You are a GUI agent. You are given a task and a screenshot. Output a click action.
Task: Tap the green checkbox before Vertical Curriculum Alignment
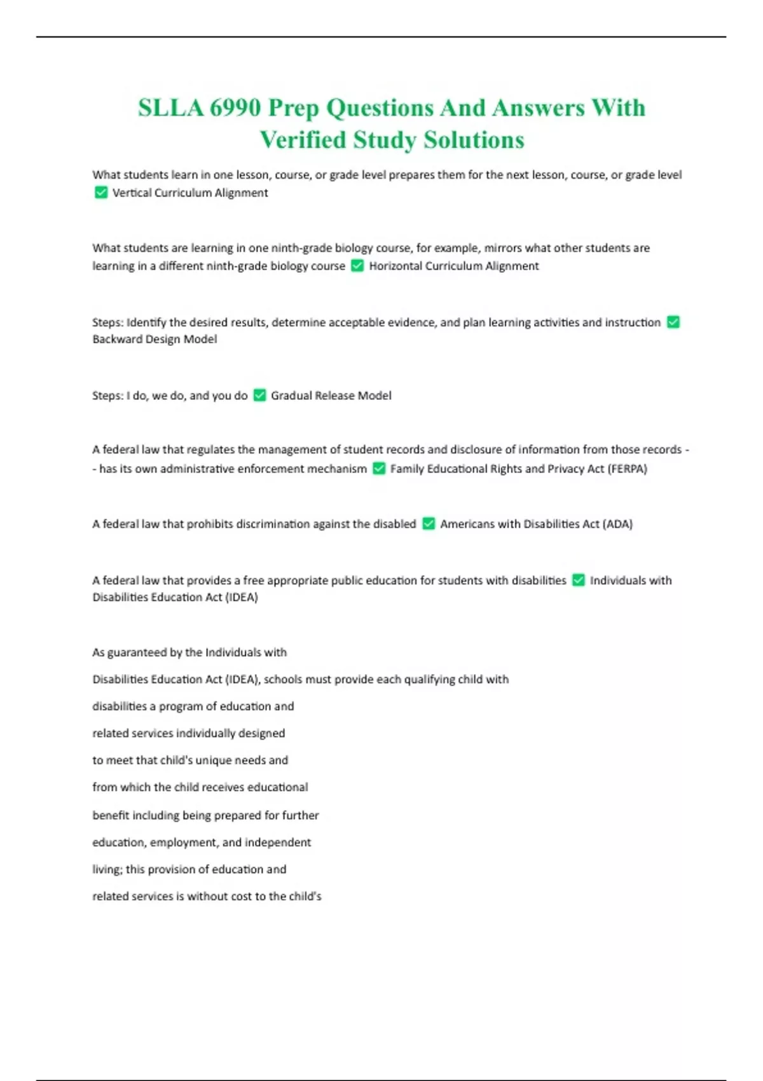tap(100, 192)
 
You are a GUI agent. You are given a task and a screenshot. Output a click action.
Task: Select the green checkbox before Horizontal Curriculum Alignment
tap(357, 265)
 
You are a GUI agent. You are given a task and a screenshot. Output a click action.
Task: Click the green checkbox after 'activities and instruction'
tap(673, 322)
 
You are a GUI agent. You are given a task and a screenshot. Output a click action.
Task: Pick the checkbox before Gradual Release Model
tap(259, 395)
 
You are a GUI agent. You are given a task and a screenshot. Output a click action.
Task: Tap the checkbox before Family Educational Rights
tap(379, 469)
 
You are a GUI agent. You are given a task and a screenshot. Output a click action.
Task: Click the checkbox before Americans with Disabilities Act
tap(429, 523)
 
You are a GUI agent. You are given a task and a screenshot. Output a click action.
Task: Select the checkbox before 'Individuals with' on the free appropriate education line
tap(578, 580)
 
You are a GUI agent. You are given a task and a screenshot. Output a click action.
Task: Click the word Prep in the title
tap(293, 108)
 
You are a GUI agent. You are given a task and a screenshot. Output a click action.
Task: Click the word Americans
tap(468, 524)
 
